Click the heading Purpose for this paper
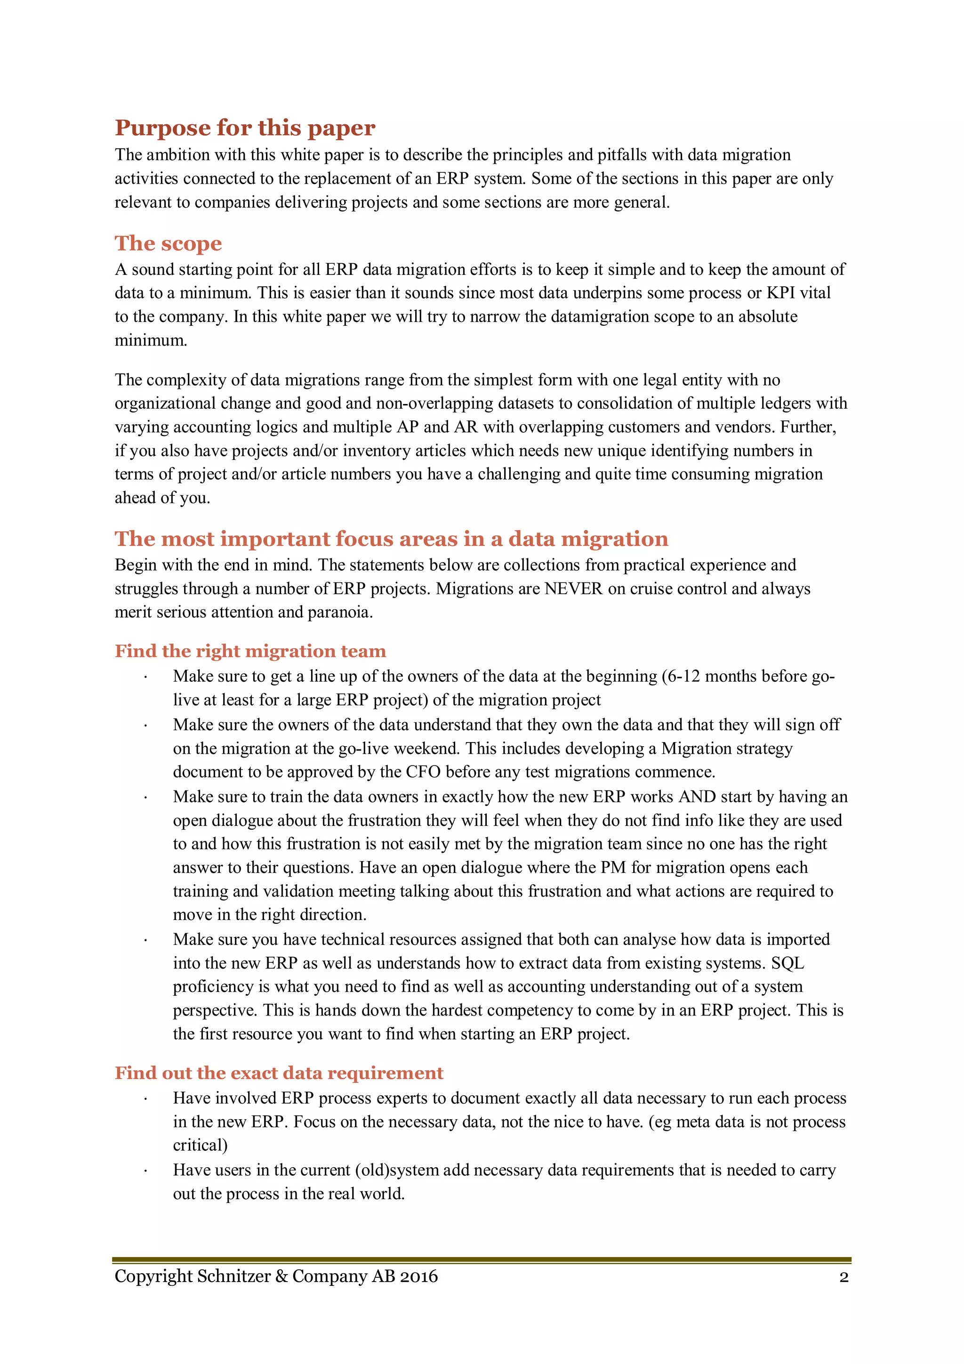tap(245, 128)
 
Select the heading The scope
tap(168, 243)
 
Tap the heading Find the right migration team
tap(250, 651)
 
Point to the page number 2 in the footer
tap(843, 1277)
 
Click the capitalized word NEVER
tap(573, 588)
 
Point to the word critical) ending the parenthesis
tap(200, 1145)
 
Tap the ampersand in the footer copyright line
tap(281, 1276)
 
